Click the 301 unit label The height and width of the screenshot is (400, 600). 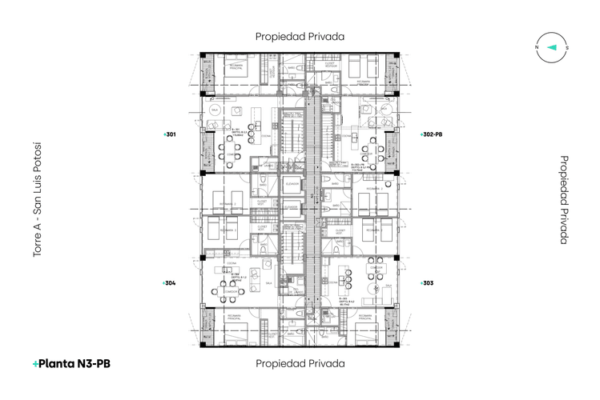tap(170, 134)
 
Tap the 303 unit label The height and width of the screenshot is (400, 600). tap(428, 282)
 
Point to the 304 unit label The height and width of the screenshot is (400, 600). tap(170, 282)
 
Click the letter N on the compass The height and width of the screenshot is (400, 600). tap(537, 48)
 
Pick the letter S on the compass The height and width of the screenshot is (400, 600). tap(567, 48)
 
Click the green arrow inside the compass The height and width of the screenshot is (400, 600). tap(552, 48)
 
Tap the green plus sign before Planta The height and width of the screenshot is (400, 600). tap(35, 364)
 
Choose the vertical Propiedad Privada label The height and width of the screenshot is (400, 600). tap(564, 199)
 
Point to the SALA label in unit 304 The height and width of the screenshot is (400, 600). tap(268, 282)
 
